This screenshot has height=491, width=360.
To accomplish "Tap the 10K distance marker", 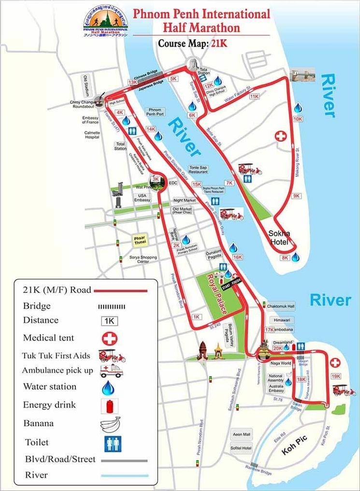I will click(298, 119).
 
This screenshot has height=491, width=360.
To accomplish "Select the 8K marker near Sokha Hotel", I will click(285, 258).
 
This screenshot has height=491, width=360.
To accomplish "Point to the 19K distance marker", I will click(336, 376).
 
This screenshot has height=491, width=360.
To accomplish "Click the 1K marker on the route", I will click(196, 317).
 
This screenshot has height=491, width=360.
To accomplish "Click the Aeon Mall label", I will click(242, 434).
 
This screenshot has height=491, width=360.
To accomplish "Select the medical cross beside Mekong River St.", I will click(281, 136).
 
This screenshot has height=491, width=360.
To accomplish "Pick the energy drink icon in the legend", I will click(110, 405).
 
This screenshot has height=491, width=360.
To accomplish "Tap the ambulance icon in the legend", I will click(110, 371).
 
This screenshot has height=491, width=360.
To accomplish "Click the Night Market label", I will click(185, 200).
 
